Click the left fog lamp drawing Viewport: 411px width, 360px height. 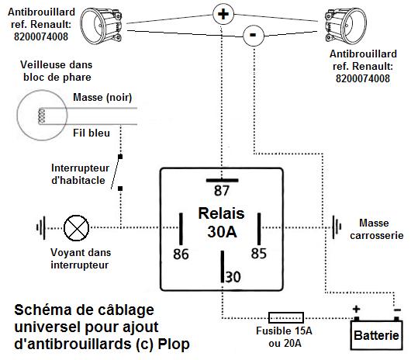(x=101, y=26)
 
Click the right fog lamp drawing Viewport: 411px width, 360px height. (x=345, y=26)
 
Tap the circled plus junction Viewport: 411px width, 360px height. (x=223, y=14)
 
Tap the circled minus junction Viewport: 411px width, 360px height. (x=254, y=35)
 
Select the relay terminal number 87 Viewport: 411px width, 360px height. (x=222, y=190)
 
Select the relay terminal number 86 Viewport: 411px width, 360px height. (x=181, y=254)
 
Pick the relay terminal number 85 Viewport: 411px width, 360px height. (x=259, y=253)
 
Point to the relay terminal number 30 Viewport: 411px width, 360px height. (x=233, y=277)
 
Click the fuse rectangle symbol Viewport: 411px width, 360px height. (x=286, y=318)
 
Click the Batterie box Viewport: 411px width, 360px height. (x=376, y=335)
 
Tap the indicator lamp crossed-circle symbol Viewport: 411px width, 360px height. (x=76, y=228)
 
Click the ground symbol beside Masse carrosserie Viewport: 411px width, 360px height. (x=337, y=227)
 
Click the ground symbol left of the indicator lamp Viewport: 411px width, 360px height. (x=41, y=227)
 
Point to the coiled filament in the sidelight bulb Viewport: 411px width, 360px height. (x=41, y=116)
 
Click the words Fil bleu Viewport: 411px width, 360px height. (x=92, y=133)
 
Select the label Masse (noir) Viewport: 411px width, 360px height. (x=102, y=98)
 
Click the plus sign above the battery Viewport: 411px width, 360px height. (x=356, y=310)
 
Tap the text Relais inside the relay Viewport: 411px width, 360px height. (x=222, y=213)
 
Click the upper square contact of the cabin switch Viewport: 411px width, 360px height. (x=120, y=157)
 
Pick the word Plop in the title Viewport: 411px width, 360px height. (x=174, y=344)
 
